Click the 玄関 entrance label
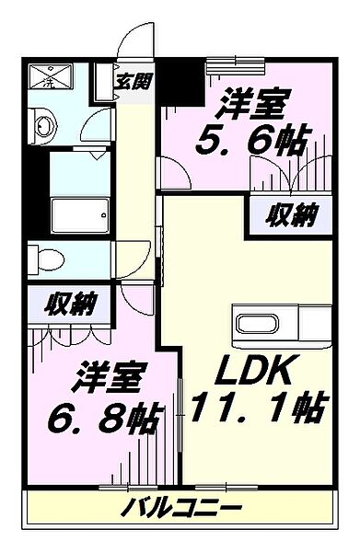click(133, 79)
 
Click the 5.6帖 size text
click(251, 142)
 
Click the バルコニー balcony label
click(181, 507)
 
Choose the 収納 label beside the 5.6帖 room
click(293, 216)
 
